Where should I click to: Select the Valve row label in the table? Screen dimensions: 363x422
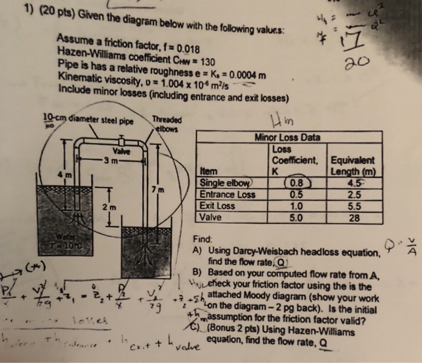tap(212, 217)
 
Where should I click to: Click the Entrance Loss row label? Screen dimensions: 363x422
tap(227, 194)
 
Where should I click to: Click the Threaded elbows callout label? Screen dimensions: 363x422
tap(165, 124)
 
